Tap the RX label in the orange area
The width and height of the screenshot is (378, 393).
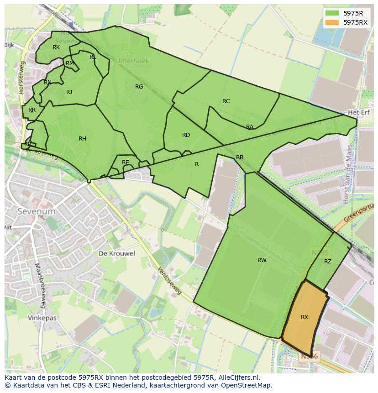coord(304,317)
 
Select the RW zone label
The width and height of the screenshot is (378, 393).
coord(262,260)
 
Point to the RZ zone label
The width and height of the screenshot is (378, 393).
coord(328,262)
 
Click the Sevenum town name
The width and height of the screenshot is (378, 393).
coord(36,211)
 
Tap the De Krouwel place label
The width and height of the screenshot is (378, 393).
coord(117,253)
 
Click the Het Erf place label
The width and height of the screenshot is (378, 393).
coord(358,112)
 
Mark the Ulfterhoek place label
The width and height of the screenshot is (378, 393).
coord(132,60)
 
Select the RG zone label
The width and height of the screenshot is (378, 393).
coord(139,86)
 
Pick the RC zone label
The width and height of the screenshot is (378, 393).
coord(226,101)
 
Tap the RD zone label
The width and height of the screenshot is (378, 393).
coord(186,135)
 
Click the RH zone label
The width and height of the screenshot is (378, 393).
coord(82,139)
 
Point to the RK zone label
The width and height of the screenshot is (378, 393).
coord(56,47)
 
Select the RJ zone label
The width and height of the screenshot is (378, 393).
coord(69,92)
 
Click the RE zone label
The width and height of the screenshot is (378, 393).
coord(125,162)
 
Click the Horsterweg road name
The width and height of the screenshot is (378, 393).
coord(21,81)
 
